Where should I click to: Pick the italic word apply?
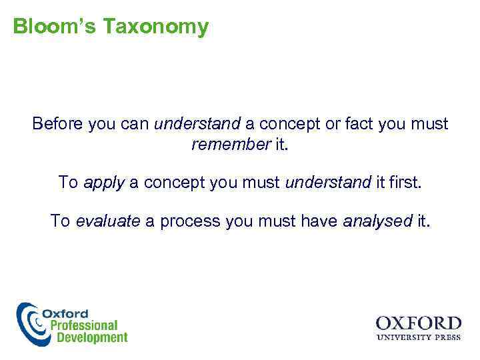[x=104, y=183]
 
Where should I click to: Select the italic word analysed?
[x=377, y=221]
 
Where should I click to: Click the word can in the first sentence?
[x=135, y=124]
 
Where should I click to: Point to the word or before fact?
[x=335, y=124]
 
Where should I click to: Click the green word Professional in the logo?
[x=79, y=325]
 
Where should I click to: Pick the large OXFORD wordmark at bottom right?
[x=418, y=323]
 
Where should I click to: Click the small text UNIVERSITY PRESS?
[x=418, y=337]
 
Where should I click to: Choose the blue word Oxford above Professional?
[x=65, y=313]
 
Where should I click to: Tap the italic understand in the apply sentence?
[x=327, y=182]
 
